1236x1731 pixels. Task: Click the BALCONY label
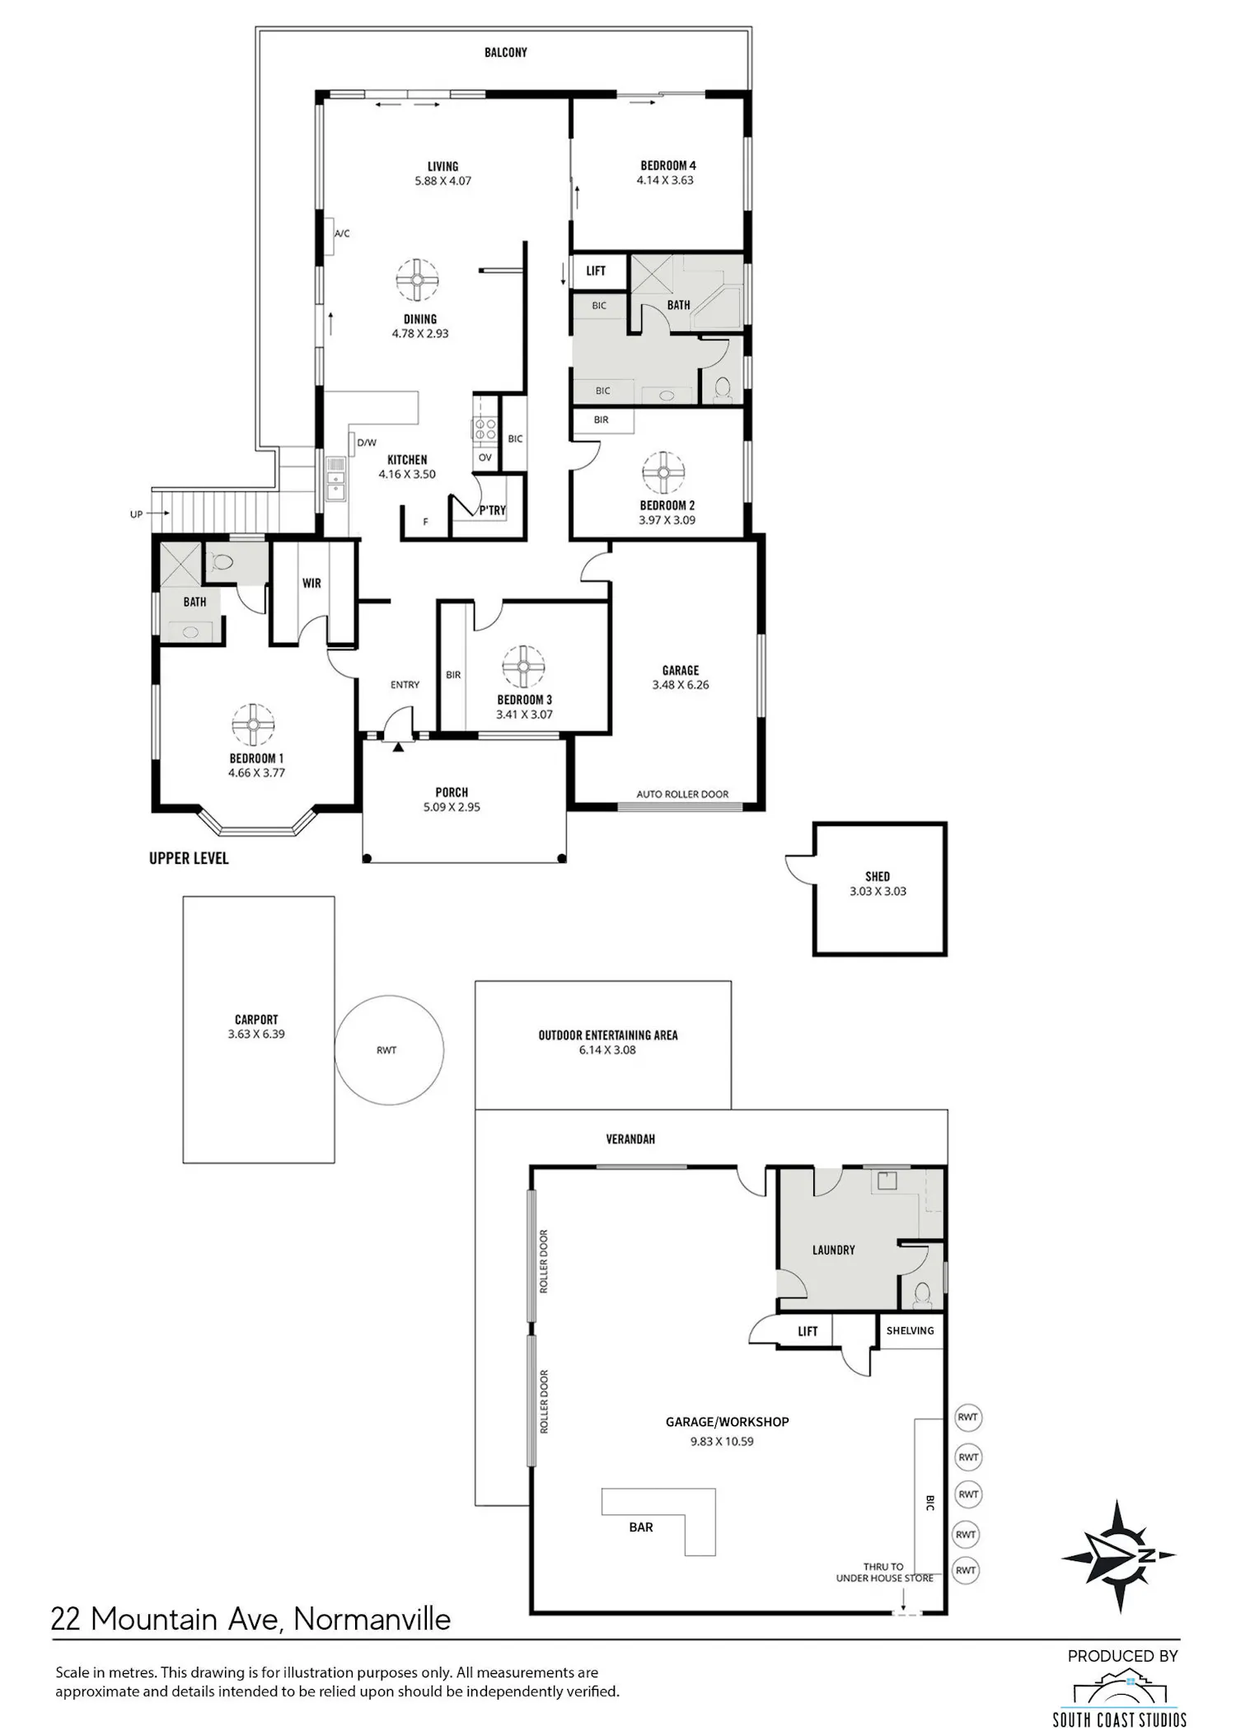[x=505, y=53]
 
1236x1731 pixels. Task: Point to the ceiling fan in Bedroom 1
[x=252, y=725]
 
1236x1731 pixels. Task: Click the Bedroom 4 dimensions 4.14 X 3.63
[x=665, y=181]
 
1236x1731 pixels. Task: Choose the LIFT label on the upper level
[x=596, y=270]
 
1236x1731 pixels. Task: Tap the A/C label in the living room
[x=342, y=234]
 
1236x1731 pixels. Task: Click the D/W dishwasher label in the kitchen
[x=367, y=443]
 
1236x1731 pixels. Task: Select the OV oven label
[x=485, y=457]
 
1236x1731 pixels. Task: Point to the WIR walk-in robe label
[x=311, y=583]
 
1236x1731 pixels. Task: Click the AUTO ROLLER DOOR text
[x=682, y=795]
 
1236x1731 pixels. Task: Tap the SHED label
[x=878, y=876]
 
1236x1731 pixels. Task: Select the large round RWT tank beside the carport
[x=389, y=1050]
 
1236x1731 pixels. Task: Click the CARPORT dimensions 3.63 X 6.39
[x=256, y=1034]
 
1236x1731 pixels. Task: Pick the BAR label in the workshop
[x=641, y=1527]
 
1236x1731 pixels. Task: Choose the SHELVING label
[x=910, y=1330]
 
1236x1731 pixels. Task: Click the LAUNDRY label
[x=833, y=1250]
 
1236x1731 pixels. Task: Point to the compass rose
[x=1118, y=1555]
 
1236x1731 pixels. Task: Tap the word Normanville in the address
[x=372, y=1619]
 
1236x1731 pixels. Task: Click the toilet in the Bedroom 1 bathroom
[x=224, y=562]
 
